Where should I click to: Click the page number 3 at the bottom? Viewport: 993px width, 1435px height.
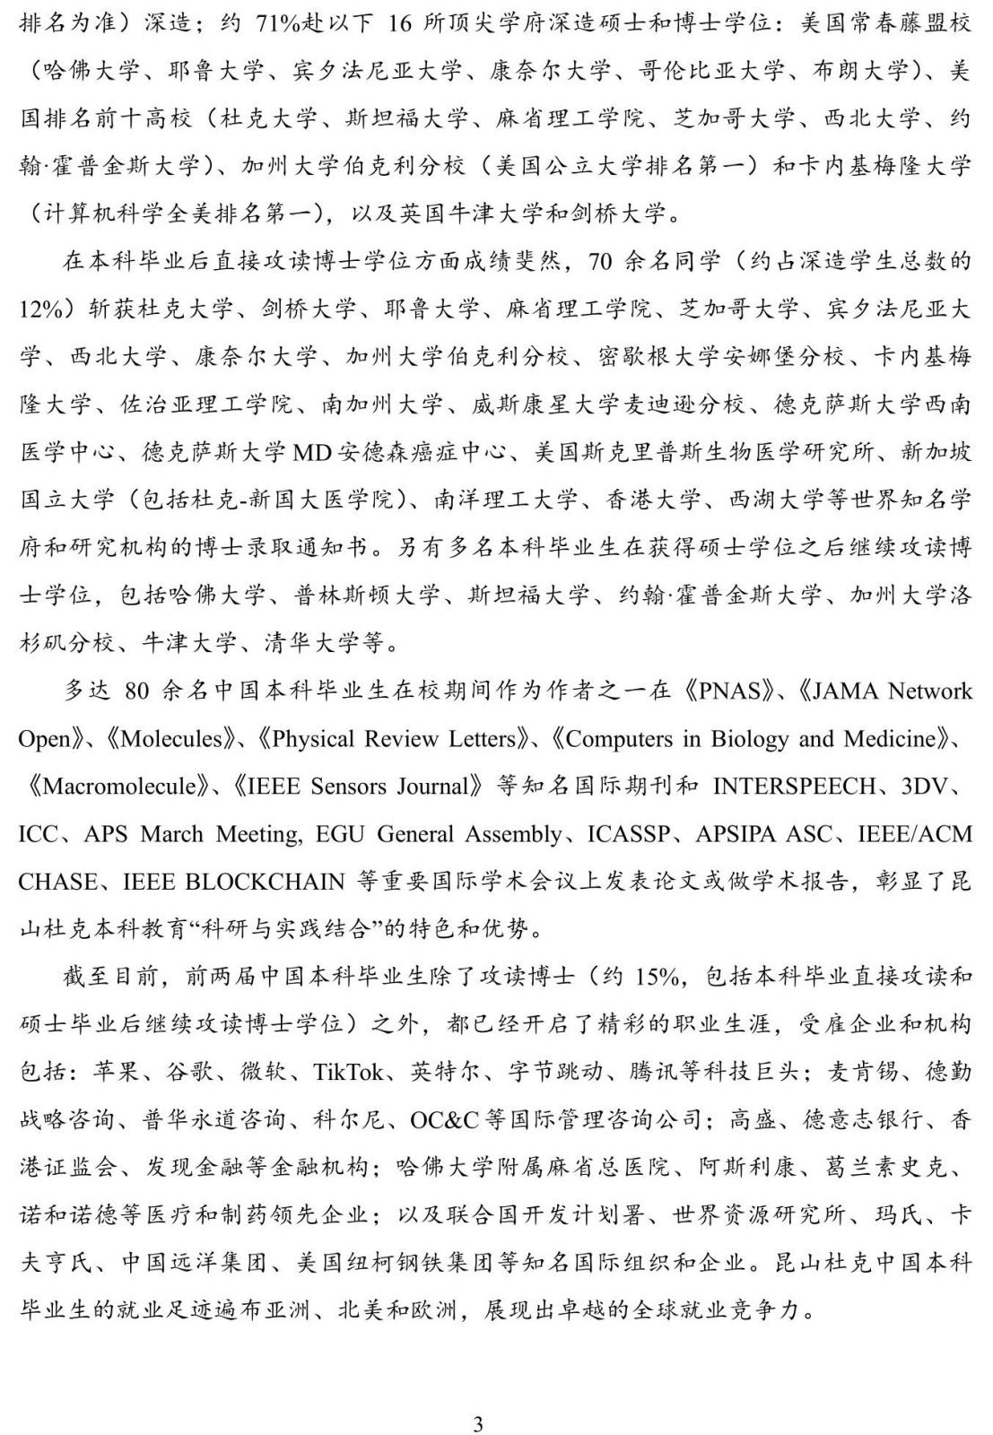(x=478, y=1399)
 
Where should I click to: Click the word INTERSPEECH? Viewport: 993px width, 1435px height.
(x=794, y=787)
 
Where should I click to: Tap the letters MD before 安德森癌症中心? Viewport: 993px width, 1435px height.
(x=313, y=452)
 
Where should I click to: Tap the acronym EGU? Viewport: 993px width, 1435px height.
(x=342, y=834)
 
